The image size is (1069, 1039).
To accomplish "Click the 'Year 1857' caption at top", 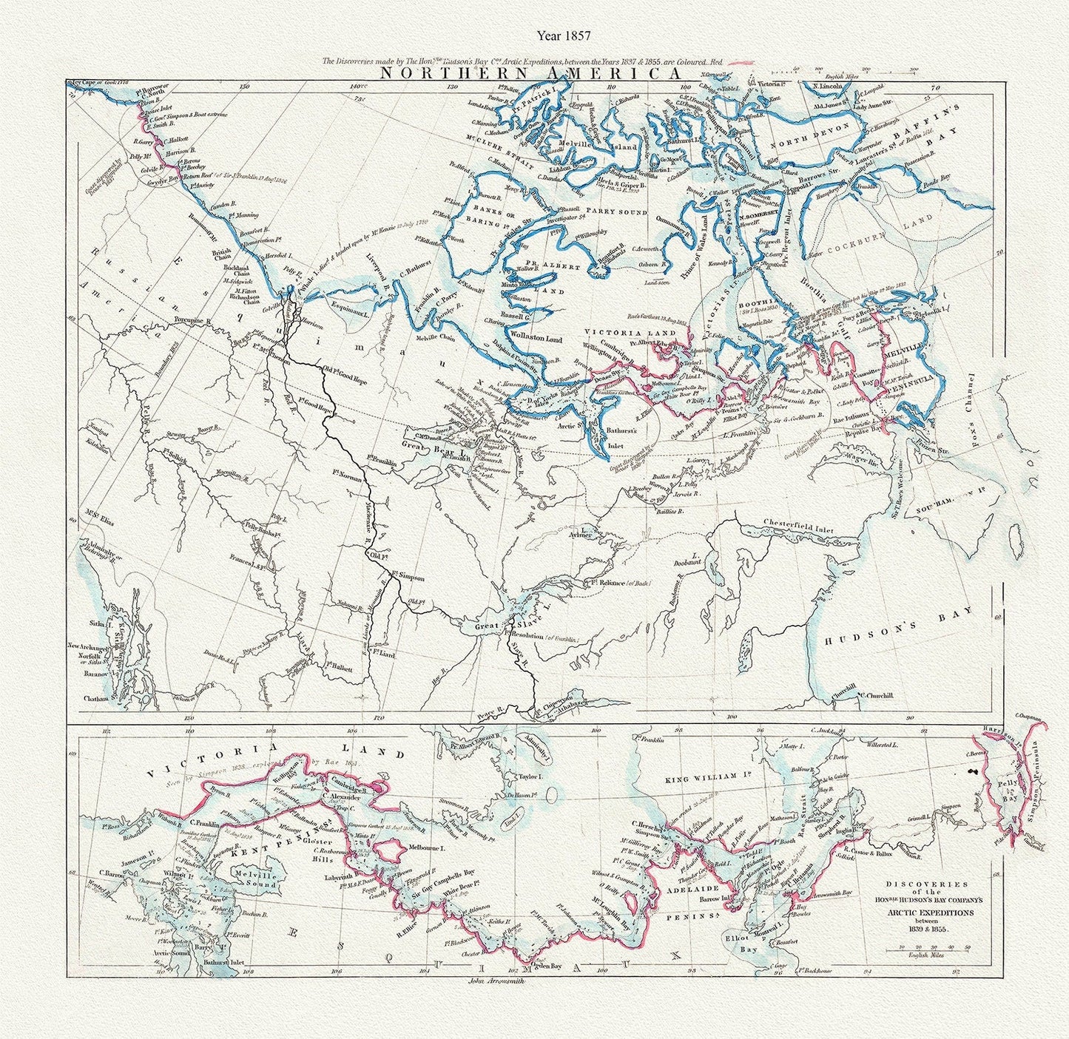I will point(564,34).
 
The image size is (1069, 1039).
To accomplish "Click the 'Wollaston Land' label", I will point(534,339).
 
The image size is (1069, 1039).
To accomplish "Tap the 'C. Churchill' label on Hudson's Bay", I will point(875,695).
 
